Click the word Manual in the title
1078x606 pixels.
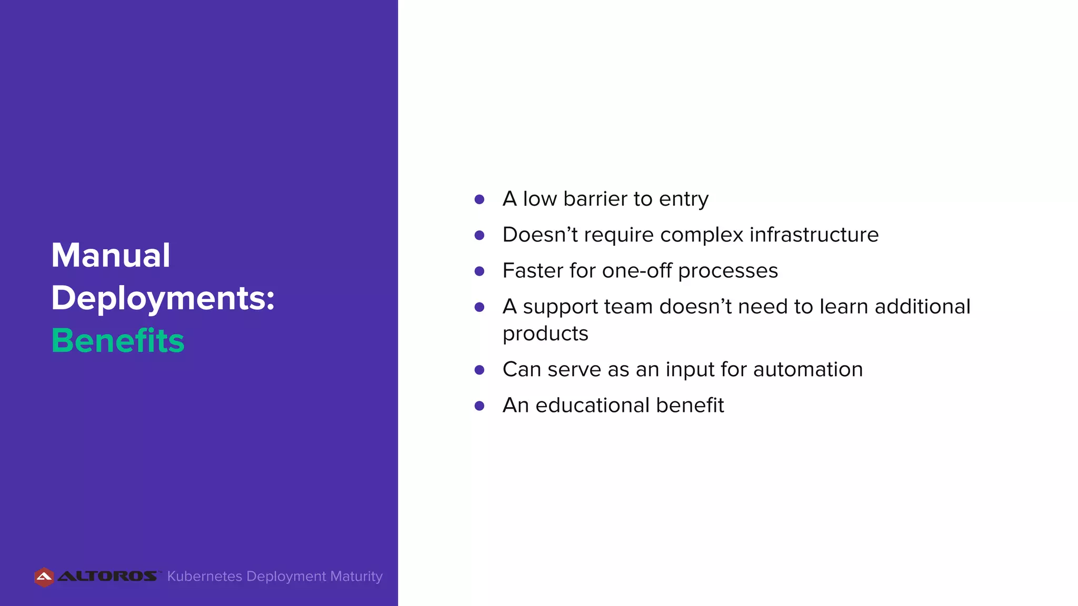coord(111,256)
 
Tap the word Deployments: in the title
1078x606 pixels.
coord(163,298)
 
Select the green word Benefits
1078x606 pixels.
coord(118,340)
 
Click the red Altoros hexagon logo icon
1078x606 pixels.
coord(44,577)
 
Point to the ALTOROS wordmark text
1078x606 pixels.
coord(107,577)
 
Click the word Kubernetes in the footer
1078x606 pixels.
coord(205,577)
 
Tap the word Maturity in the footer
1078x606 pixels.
coord(356,577)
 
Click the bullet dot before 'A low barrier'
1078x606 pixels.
coord(479,199)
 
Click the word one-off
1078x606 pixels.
coord(636,271)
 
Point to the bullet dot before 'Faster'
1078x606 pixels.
coord(479,271)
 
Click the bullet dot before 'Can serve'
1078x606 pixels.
coord(479,370)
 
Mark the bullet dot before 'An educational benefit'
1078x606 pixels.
coord(479,406)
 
